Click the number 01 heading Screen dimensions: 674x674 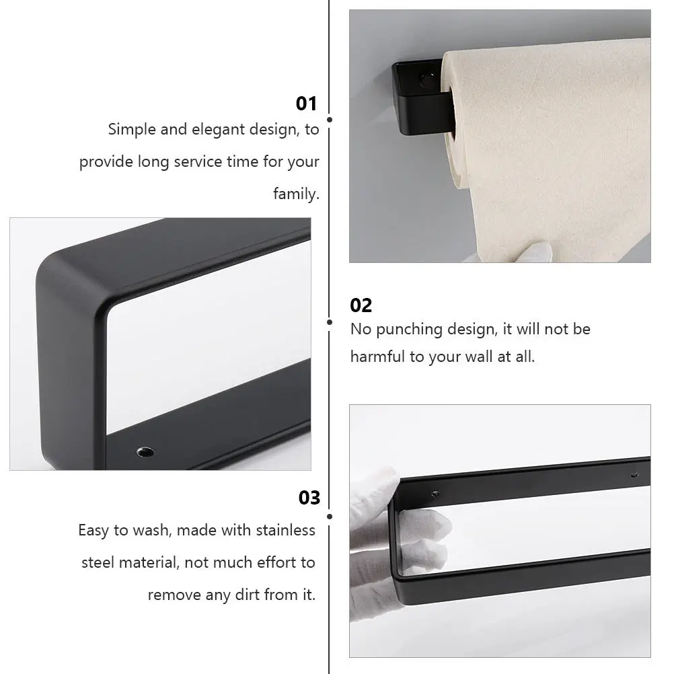pos(306,104)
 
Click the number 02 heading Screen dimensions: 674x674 pos(361,305)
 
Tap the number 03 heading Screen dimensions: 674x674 pos(309,498)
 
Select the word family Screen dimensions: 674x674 pos(296,194)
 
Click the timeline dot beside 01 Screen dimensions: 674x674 pos(329,120)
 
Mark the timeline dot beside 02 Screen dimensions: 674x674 pos(329,322)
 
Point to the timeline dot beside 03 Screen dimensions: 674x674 pos(329,516)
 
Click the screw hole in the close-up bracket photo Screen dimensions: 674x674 pos(145,452)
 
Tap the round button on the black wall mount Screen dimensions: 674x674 pos(427,80)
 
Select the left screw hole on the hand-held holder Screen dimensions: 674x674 pos(435,494)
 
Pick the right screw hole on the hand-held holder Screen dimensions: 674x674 pos(634,475)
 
